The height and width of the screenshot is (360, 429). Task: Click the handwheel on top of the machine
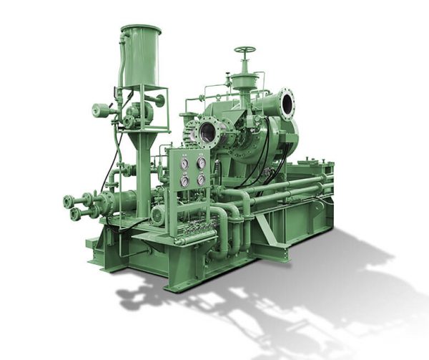(245, 52)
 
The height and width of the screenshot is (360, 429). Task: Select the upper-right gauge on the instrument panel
(201, 163)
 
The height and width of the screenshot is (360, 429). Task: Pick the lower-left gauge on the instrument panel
(184, 181)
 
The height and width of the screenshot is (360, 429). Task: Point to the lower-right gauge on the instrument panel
(201, 180)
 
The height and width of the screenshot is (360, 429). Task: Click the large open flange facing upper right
(286, 103)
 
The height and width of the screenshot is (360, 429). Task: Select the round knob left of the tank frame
(99, 110)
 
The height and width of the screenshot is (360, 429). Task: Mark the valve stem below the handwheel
(245, 72)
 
